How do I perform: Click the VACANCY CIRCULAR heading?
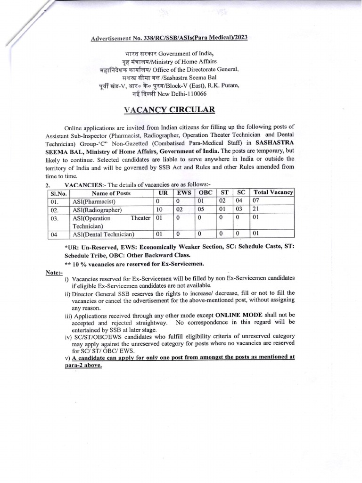click(169, 110)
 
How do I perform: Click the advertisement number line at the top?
click(170, 37)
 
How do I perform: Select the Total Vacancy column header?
click(273, 192)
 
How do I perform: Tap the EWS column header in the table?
click(185, 192)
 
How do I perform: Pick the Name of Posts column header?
click(111, 193)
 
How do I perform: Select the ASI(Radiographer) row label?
click(97, 210)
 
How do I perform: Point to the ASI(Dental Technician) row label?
click(103, 234)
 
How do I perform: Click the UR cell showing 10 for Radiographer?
click(159, 210)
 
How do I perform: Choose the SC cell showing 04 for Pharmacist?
click(239, 201)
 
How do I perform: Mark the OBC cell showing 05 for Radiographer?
click(202, 210)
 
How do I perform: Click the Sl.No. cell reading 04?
click(55, 234)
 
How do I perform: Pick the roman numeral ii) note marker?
click(67, 293)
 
